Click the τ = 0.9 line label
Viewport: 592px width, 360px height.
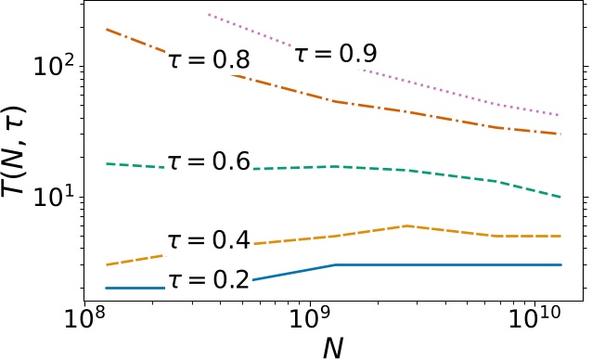pos(337,54)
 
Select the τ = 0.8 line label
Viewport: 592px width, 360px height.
pos(210,61)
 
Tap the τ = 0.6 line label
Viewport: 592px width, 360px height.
pos(210,161)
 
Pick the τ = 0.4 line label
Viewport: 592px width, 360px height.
pos(210,241)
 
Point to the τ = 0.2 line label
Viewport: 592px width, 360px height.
pos(210,279)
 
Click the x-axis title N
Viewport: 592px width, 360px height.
pos(333,346)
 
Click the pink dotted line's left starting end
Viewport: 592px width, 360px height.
pos(209,15)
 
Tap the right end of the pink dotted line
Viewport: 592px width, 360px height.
pos(560,115)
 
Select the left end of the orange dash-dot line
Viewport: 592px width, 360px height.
pos(108,30)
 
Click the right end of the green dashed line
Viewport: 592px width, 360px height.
pos(560,197)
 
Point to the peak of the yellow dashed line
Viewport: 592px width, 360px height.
pos(405,225)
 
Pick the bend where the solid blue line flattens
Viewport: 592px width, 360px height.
pos(334,265)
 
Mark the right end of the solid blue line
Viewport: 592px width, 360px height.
pos(560,265)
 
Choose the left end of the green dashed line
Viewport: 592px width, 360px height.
pos(108,163)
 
